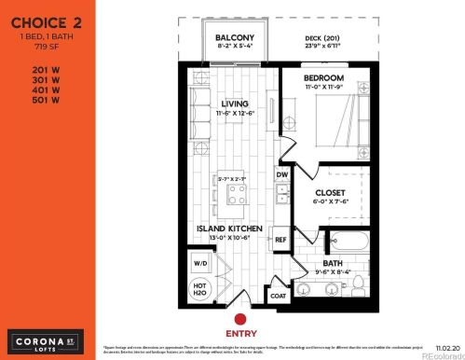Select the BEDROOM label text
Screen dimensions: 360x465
point(324,77)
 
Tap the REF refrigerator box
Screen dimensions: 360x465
point(280,240)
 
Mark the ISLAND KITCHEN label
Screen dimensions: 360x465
point(228,228)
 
